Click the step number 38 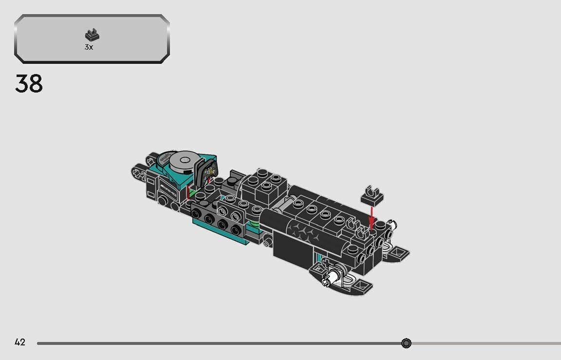(x=29, y=84)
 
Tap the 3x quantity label (x=89, y=47)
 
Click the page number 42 (x=20, y=342)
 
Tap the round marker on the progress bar (x=406, y=343)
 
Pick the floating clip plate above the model (x=372, y=195)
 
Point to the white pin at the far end (x=393, y=225)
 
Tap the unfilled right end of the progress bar (x=487, y=343)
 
